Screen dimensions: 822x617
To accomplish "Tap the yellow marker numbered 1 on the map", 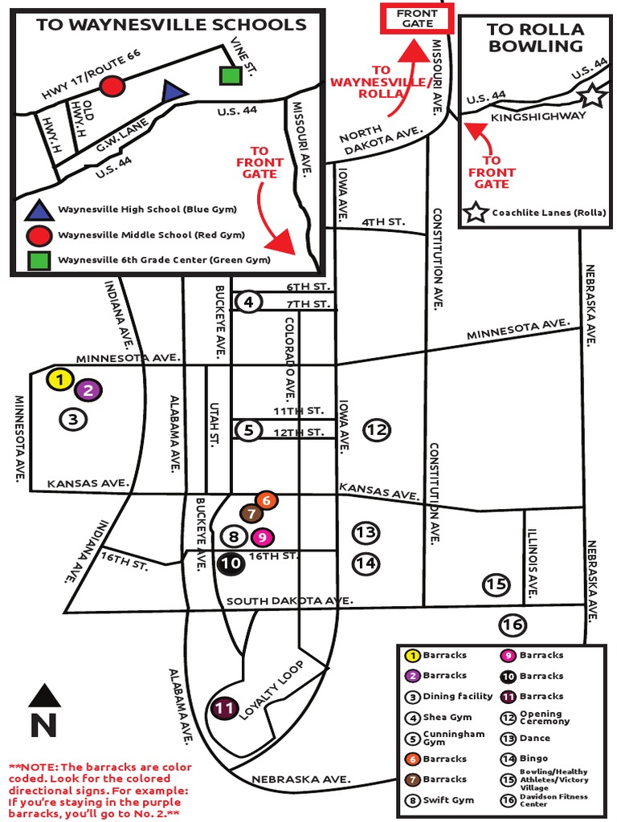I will pos(59,380).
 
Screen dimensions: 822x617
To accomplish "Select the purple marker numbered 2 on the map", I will pos(88,391).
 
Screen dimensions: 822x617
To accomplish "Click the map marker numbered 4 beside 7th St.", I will pos(249,302).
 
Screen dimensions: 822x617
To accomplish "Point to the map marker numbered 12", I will pos(376,429).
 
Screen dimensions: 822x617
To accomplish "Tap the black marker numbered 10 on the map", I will pos(231,564).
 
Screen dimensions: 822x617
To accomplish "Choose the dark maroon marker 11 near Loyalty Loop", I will pos(226,709).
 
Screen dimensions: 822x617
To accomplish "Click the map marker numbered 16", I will pos(513,624).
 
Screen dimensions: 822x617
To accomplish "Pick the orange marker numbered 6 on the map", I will pos(267,501).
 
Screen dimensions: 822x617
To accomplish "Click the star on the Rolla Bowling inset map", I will pos(592,96).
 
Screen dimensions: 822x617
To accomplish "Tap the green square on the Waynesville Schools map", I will pos(231,75).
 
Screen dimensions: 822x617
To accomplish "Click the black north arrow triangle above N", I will pos(44,695).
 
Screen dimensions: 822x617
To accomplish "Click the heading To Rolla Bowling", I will pos(536,38).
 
